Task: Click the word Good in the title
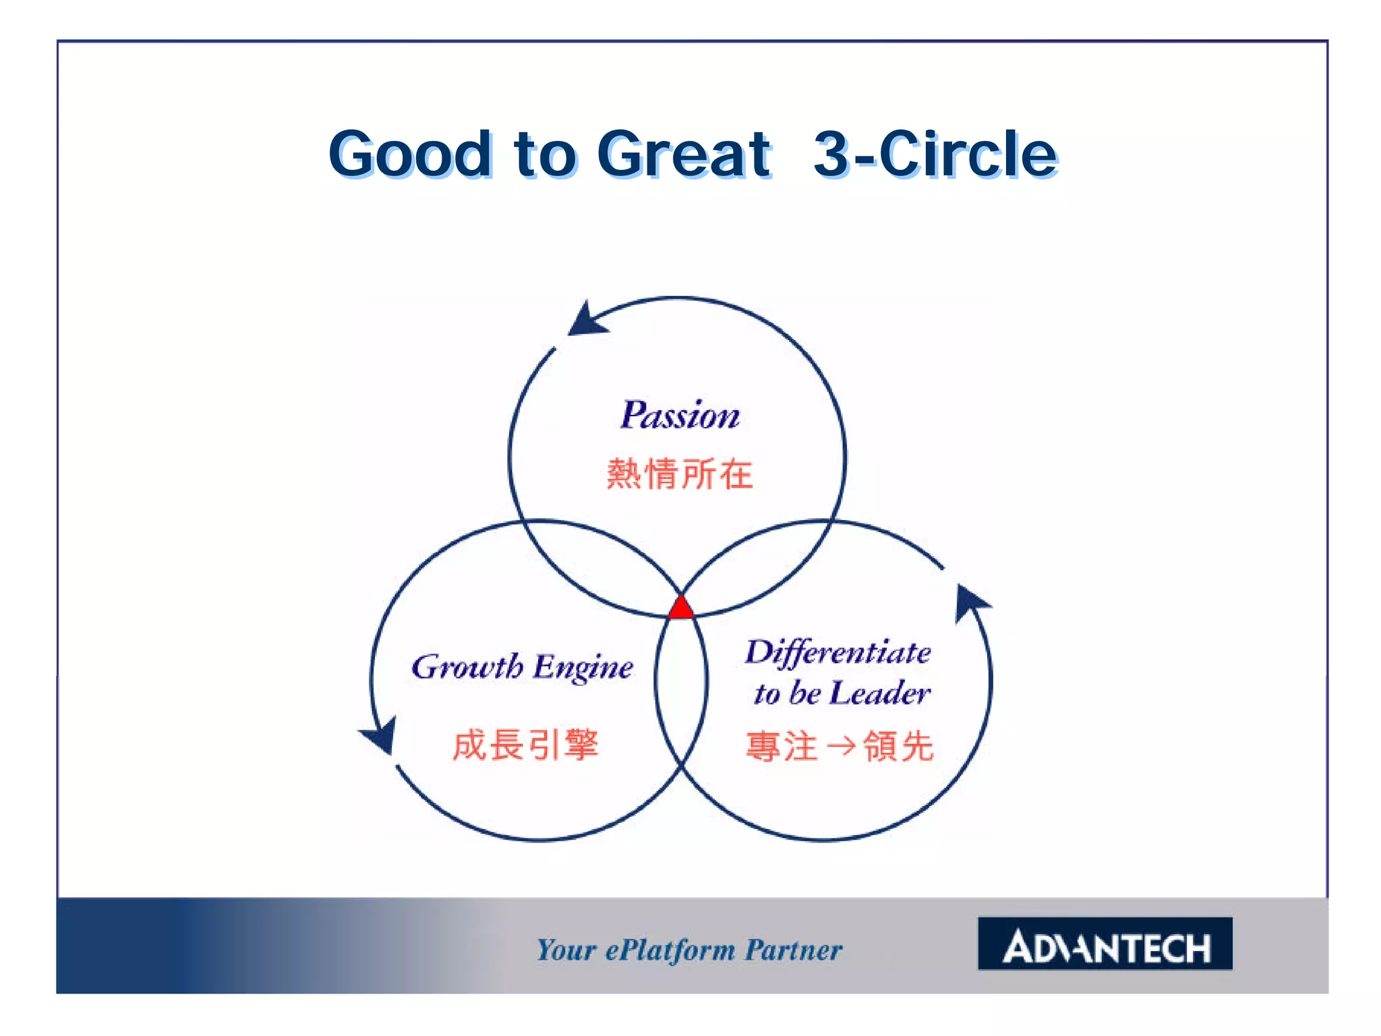(x=411, y=154)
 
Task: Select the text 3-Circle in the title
(x=935, y=154)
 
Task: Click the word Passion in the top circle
(x=680, y=415)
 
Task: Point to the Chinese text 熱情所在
(x=680, y=473)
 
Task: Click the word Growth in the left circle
(x=467, y=667)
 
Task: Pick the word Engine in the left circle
(x=583, y=668)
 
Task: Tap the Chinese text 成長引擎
(x=525, y=745)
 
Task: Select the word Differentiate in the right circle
(x=838, y=653)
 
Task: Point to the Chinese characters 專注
(x=782, y=747)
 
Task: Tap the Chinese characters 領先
(x=899, y=747)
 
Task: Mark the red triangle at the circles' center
(x=681, y=608)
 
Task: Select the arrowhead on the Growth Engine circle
(x=380, y=736)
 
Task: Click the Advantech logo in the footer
(x=1105, y=944)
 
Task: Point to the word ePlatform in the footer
(x=670, y=950)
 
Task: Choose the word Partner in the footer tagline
(x=794, y=950)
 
